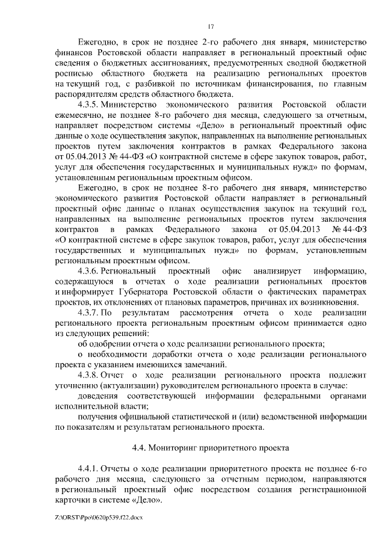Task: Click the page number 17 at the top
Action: (211, 26)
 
